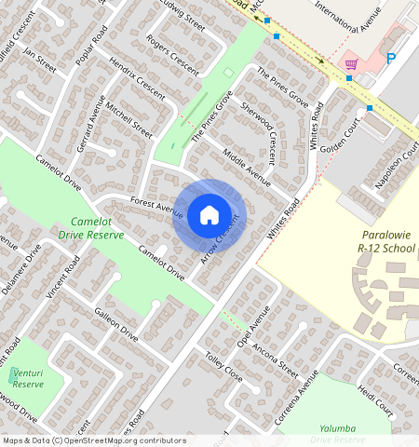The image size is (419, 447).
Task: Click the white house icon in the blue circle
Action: [x=209, y=215]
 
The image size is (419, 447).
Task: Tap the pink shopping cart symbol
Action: [x=351, y=63]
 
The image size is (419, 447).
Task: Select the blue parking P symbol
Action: [x=391, y=59]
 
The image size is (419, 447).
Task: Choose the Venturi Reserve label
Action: [x=29, y=377]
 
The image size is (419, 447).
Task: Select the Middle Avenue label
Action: [x=245, y=167]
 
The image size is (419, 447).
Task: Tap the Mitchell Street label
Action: [x=129, y=119]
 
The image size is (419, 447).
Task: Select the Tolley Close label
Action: [x=223, y=368]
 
